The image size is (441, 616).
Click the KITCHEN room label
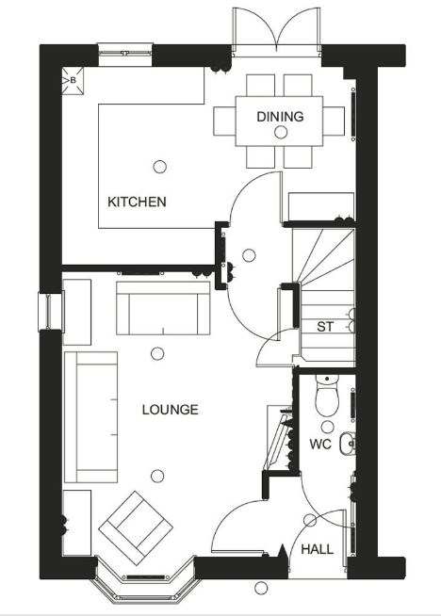click(137, 202)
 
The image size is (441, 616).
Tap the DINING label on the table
click(280, 117)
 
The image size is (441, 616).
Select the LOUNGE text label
click(171, 410)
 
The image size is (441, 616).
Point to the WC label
click(320, 445)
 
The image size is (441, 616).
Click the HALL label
click(318, 549)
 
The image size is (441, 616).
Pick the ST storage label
click(325, 327)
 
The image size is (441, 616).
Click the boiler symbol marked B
click(73, 81)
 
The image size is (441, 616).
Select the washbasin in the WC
click(348, 444)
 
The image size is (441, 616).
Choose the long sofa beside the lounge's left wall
click(90, 417)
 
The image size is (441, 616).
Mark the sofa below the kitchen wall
click(163, 308)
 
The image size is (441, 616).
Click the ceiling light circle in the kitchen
click(159, 167)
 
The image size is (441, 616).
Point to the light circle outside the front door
click(261, 588)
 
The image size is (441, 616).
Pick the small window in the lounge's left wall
click(50, 312)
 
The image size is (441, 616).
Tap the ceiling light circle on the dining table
click(281, 133)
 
